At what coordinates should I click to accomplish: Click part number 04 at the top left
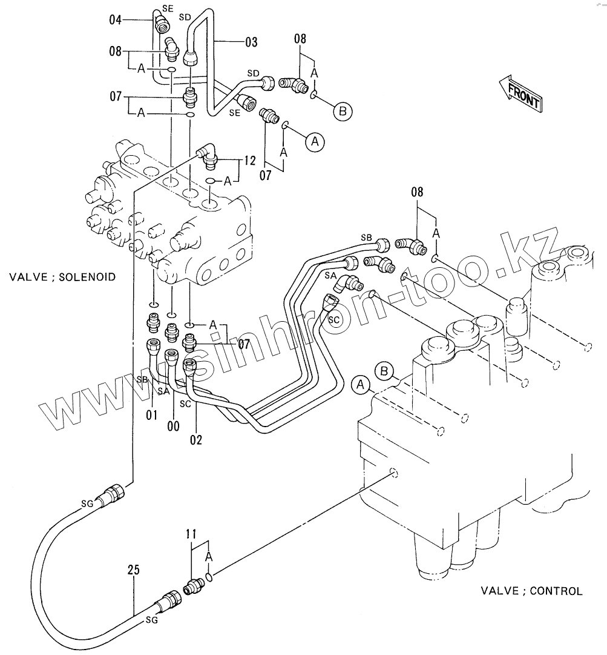pos(116,20)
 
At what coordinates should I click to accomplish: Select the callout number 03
pos(251,42)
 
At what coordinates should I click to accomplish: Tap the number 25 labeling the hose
pos(134,570)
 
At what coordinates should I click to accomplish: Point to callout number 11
pos(191,534)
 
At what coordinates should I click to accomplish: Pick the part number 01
pos(151,416)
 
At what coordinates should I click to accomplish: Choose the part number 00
pos(173,427)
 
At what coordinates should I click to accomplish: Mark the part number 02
pos(196,440)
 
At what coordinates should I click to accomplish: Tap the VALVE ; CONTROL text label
pos(531,591)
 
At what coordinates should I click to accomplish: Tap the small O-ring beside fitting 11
pos(209,577)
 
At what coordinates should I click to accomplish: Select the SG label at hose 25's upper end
pos(87,502)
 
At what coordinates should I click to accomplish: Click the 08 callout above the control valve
pos(417,193)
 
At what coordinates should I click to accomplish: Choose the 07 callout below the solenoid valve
pos(244,345)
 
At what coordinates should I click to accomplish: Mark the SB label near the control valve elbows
pos(366,237)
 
